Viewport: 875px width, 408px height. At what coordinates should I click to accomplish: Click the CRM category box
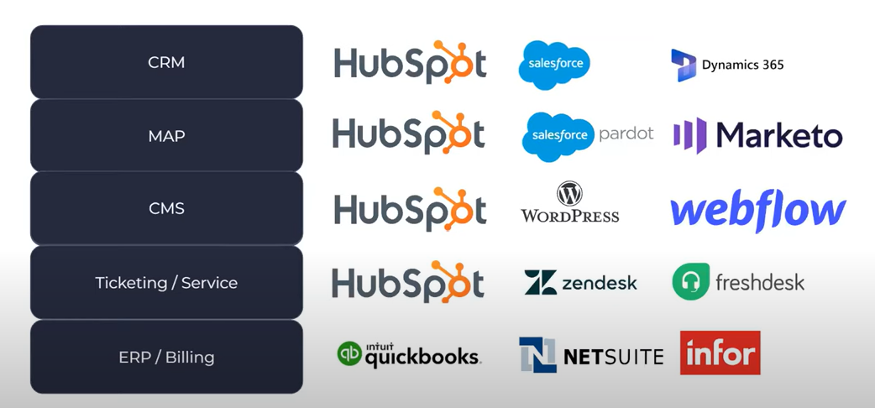click(x=166, y=62)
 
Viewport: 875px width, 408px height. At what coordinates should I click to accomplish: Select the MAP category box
click(x=166, y=135)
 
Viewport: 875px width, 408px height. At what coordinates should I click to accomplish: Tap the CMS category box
click(x=166, y=208)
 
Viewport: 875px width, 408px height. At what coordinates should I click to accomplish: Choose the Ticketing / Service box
click(x=166, y=283)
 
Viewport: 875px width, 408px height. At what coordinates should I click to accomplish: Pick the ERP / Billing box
click(x=166, y=357)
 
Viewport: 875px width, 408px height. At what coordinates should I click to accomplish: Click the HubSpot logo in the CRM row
click(x=410, y=63)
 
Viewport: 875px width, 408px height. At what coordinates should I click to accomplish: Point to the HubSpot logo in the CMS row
click(x=410, y=209)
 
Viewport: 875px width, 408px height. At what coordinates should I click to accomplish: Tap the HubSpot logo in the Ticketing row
click(x=408, y=283)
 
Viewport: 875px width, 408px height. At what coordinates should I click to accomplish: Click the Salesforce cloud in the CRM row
click(x=554, y=64)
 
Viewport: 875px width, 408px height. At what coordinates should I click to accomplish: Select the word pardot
click(x=626, y=134)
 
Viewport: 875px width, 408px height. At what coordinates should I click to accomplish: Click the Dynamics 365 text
click(x=742, y=65)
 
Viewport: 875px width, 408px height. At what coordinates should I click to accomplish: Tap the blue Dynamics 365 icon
click(x=684, y=65)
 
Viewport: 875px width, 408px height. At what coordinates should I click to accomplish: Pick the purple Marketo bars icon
click(x=689, y=135)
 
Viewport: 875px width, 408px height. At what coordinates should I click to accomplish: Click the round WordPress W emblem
click(x=569, y=194)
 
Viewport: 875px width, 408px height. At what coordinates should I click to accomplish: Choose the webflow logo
click(x=757, y=211)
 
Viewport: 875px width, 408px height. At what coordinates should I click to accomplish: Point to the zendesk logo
click(x=580, y=283)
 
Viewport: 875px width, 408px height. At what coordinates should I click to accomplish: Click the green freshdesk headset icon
click(x=691, y=282)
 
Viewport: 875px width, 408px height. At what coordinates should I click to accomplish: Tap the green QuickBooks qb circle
click(x=349, y=353)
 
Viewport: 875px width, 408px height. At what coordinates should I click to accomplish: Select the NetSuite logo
click(x=591, y=355)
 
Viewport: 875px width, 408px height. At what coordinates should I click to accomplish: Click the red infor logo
click(x=720, y=353)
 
